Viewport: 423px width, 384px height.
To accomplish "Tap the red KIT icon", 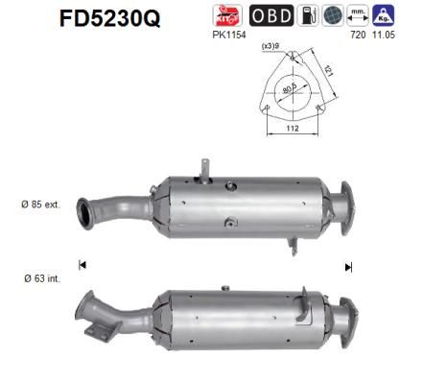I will tap(228, 16).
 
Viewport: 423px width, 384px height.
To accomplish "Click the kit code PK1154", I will tap(228, 36).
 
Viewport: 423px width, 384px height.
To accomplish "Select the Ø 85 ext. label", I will tap(39, 204).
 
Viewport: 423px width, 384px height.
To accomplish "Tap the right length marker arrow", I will tap(348, 266).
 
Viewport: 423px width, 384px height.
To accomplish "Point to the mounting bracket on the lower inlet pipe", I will tap(94, 331).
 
